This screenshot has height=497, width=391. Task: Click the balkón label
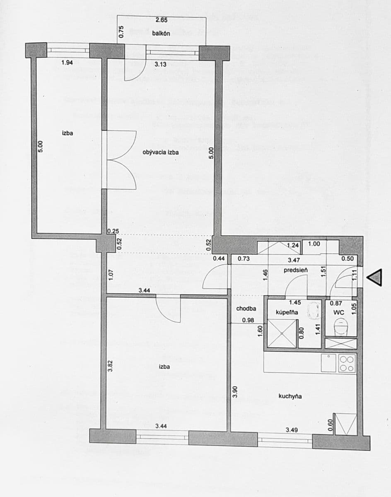(x=162, y=34)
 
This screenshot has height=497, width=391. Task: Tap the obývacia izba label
(x=161, y=152)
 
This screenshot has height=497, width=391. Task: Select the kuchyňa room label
(x=290, y=396)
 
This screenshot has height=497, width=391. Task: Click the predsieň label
(x=296, y=270)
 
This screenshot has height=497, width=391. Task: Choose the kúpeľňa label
(x=287, y=312)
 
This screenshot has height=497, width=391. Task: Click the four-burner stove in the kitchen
(x=347, y=363)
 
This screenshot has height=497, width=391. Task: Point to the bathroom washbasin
(x=314, y=310)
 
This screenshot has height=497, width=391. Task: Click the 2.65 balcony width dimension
(x=162, y=20)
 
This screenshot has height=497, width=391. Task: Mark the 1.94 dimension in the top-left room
(x=68, y=63)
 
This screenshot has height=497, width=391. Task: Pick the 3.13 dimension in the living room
(x=161, y=64)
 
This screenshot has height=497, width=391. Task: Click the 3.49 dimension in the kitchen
(x=292, y=430)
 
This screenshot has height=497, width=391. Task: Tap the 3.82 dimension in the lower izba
(x=110, y=366)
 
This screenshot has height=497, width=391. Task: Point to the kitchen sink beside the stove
(x=329, y=363)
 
